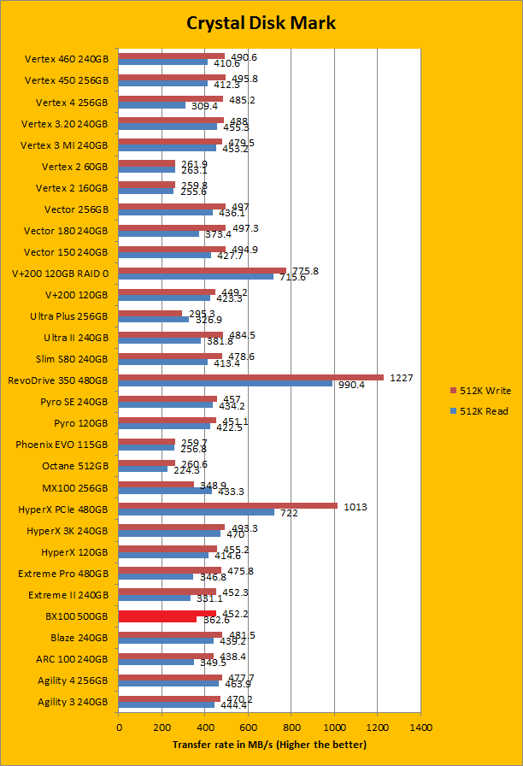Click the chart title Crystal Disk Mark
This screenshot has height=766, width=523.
261,23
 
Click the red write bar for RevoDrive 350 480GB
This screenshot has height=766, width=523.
250,377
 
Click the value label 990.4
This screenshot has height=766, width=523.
351,385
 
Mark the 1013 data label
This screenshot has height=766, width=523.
354,506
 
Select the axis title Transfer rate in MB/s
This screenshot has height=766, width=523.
269,745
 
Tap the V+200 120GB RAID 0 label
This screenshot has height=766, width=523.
60,274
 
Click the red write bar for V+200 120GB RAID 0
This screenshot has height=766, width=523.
202,270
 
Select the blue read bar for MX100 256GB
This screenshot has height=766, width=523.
165,491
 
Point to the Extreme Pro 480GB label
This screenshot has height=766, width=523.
62,573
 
